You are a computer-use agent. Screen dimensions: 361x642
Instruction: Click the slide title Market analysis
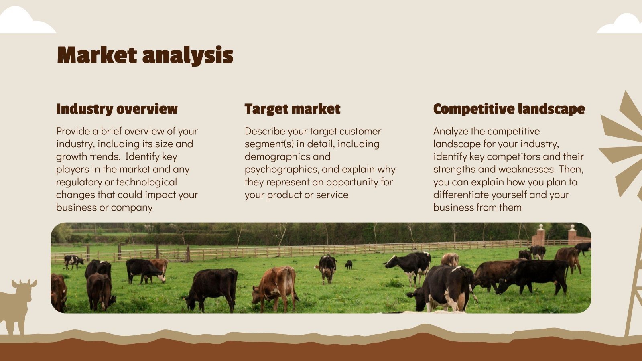pyautogui.click(x=145, y=55)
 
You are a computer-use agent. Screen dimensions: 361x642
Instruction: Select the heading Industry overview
pyautogui.click(x=117, y=109)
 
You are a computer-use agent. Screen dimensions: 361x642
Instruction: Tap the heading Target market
pyautogui.click(x=293, y=109)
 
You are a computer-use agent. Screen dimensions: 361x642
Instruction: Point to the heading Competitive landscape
pyautogui.click(x=509, y=109)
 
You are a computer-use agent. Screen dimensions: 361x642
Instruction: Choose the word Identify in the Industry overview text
pyautogui.click(x=143, y=156)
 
